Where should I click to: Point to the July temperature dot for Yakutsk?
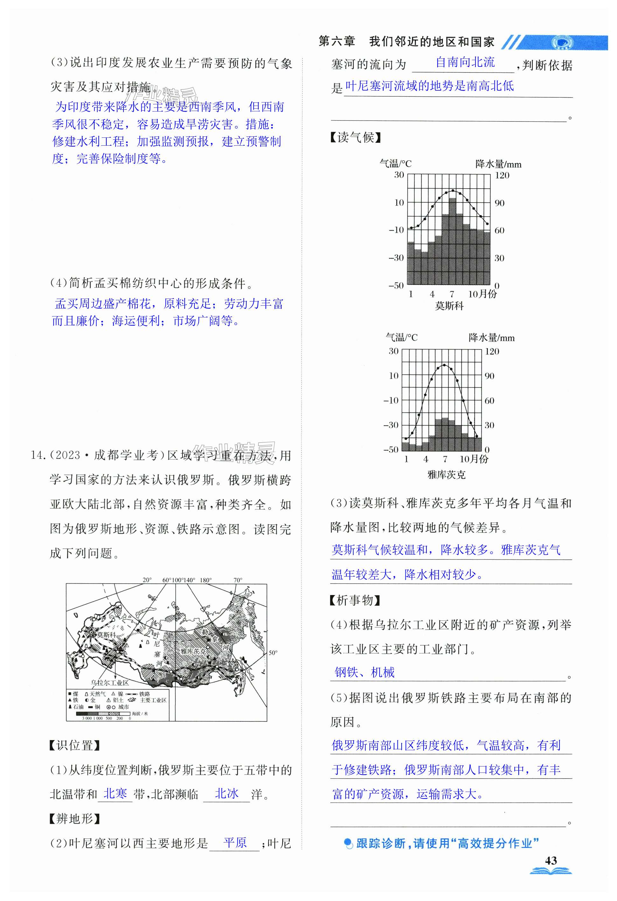tap(445, 365)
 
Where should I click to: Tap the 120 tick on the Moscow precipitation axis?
tap(502, 175)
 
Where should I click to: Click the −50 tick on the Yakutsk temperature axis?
tap(391, 449)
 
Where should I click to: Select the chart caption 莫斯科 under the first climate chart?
tap(449, 306)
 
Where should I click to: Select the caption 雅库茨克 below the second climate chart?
tap(446, 475)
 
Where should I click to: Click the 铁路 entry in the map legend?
tap(145, 694)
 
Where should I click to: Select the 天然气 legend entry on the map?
tap(97, 694)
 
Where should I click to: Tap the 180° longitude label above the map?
tap(206, 580)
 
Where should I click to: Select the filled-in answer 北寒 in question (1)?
tap(115, 793)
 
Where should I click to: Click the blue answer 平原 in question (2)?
tap(235, 842)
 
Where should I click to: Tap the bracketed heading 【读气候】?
tap(355, 137)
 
